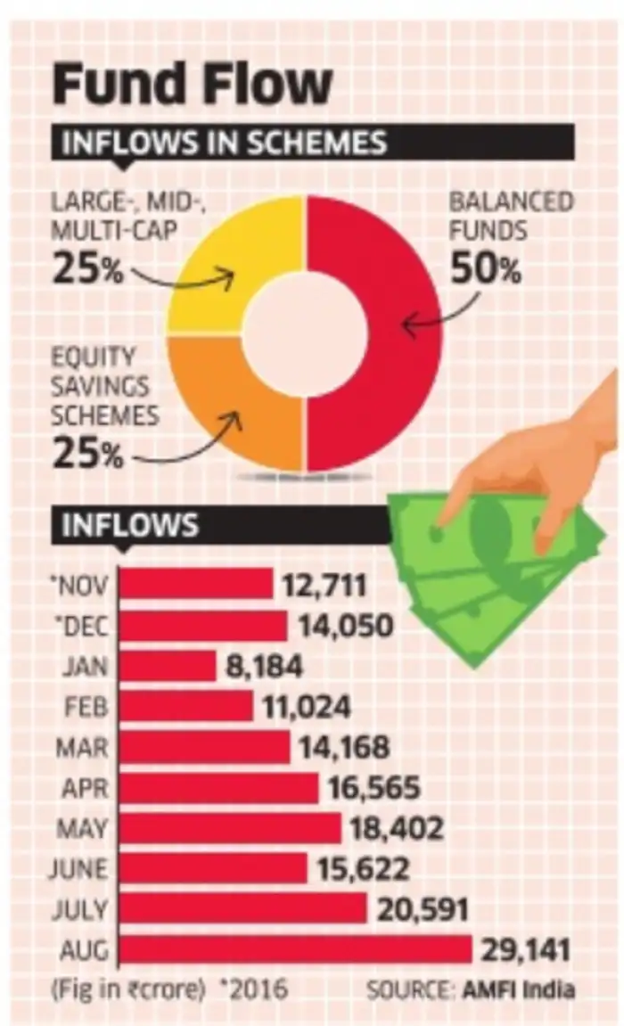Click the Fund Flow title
point(192,85)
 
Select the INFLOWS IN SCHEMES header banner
point(223,144)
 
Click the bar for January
point(168,666)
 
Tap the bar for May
point(231,828)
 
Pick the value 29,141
point(529,949)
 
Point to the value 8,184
point(264,666)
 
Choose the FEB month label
point(87,707)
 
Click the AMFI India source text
point(533,989)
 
